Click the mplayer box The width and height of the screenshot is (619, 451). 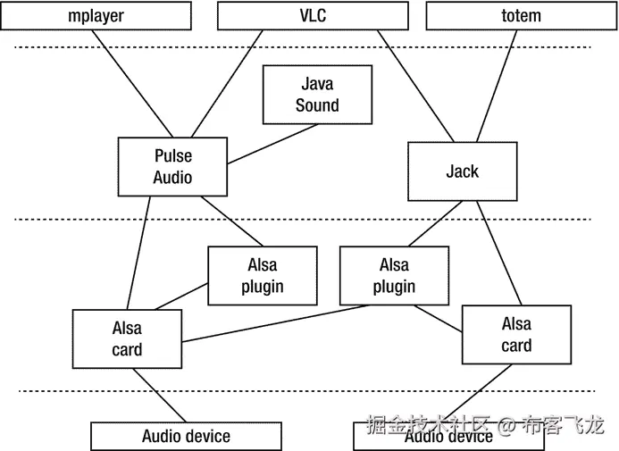[x=96, y=15]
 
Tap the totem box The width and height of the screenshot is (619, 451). [x=521, y=15]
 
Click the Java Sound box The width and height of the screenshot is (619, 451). [x=317, y=95]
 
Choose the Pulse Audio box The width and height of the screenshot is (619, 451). [x=172, y=167]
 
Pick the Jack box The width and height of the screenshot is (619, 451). [x=462, y=171]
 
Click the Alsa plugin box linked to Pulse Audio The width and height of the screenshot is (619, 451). [x=262, y=275]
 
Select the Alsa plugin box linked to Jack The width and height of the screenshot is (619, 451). [x=394, y=275]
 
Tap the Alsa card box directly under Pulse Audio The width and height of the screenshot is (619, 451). [x=127, y=339]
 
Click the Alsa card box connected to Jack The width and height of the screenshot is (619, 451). [x=516, y=335]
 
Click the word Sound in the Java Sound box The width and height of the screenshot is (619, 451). [x=317, y=105]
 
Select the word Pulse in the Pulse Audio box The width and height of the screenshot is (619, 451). [x=172, y=156]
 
